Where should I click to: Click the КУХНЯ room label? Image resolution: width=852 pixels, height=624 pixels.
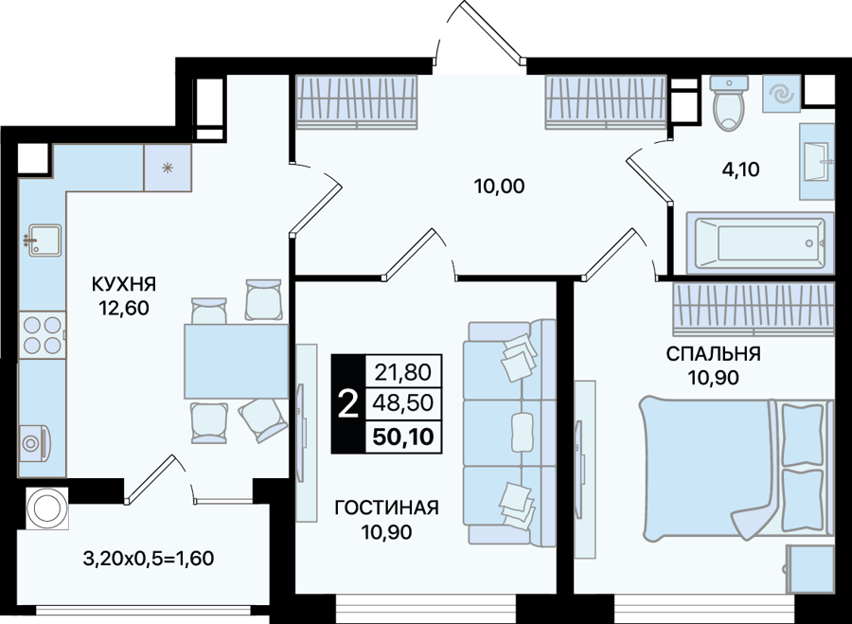(124, 284)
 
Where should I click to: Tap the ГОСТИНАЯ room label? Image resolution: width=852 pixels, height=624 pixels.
(387, 508)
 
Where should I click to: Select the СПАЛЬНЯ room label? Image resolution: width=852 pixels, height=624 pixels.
(714, 354)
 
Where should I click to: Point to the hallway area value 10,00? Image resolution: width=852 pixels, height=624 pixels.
(499, 187)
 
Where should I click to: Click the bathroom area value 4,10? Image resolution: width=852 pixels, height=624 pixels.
(740, 169)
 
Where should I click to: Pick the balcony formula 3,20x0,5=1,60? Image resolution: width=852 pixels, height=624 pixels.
(149, 558)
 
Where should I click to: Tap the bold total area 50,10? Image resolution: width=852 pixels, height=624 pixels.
(403, 436)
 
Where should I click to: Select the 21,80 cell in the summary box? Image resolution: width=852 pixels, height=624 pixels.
(403, 372)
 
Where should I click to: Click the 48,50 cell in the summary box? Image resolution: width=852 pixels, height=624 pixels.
(403, 402)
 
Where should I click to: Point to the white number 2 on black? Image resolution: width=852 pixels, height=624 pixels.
(348, 404)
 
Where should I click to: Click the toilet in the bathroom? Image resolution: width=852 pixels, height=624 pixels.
(730, 102)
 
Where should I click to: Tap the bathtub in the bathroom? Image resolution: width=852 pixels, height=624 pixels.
(759, 242)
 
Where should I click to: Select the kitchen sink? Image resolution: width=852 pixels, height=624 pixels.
(44, 241)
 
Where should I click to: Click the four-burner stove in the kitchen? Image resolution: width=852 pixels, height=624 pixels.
(42, 335)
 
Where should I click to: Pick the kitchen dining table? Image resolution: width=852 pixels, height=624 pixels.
(236, 362)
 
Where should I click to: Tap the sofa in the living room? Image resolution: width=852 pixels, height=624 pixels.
(509, 432)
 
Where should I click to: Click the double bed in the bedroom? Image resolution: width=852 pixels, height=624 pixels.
(737, 469)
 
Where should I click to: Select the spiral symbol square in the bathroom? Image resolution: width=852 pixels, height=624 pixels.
(780, 94)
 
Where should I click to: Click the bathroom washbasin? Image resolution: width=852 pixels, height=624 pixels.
(817, 161)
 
